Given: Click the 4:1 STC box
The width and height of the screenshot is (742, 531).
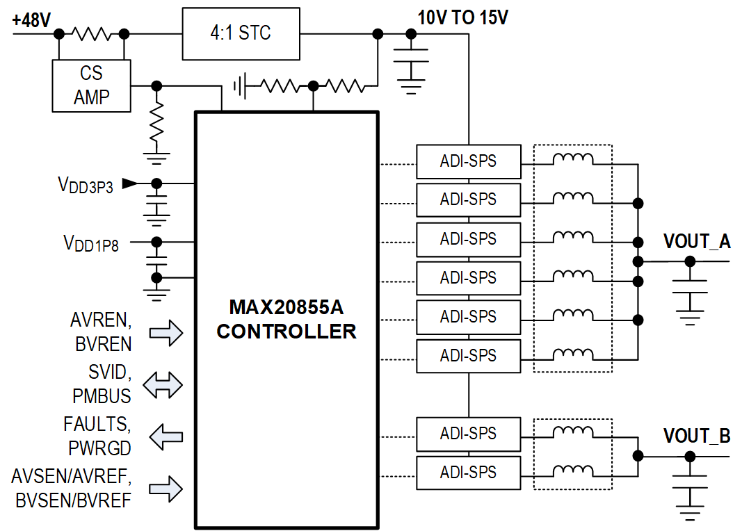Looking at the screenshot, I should tap(241, 33).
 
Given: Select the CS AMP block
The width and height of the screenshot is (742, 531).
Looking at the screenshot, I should tap(92, 85).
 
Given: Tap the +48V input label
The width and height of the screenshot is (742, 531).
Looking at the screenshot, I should tap(31, 20).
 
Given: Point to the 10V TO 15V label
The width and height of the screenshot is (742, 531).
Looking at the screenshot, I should tap(462, 17).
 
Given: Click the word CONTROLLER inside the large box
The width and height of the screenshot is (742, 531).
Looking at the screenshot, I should tap(286, 332).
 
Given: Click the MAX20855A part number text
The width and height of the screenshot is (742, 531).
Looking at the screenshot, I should tap(286, 307).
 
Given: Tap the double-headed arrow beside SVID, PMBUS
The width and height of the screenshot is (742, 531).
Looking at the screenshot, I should tap(162, 384).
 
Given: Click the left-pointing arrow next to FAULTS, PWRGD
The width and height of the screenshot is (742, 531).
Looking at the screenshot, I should tap(166, 436).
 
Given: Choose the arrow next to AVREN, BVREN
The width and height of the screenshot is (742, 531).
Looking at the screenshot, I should tap(166, 333).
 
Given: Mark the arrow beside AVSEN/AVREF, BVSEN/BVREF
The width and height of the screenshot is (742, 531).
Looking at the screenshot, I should tap(166, 489).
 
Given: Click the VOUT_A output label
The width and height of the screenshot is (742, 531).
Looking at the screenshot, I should tap(696, 242).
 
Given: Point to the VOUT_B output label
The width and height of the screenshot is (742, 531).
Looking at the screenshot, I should tap(696, 436).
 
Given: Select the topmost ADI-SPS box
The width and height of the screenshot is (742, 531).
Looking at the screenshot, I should tap(468, 161).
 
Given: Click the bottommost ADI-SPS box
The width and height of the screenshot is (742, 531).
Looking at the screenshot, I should tap(468, 473).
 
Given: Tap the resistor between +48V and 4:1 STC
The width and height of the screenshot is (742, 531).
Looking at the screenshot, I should tap(92, 33).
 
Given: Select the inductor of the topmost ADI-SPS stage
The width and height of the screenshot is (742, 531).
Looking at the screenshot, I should tap(573, 160).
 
